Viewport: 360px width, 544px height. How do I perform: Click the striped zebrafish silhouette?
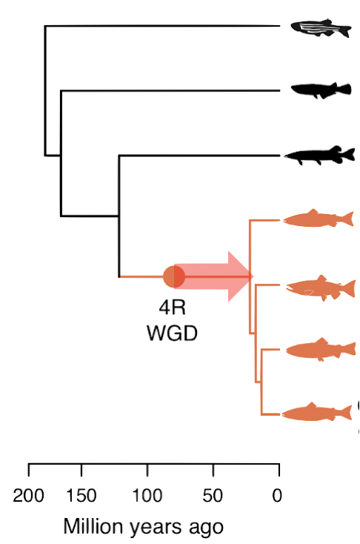(321, 27)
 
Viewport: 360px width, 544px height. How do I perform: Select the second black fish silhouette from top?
(321, 90)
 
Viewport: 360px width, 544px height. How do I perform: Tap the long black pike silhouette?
(319, 156)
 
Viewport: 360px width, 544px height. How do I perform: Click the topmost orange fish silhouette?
(319, 219)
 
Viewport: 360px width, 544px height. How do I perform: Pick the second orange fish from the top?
(321, 288)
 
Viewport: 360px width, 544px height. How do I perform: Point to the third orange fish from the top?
(321, 349)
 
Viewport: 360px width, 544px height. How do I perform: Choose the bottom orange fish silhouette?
(316, 412)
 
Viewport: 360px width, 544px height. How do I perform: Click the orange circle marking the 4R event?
(174, 276)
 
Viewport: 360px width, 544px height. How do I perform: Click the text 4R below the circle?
(173, 308)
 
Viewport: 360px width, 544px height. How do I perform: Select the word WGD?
(172, 333)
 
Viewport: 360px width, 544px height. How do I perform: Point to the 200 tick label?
(28, 495)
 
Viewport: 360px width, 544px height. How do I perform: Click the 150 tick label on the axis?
(81, 495)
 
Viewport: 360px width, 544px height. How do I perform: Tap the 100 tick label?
(147, 495)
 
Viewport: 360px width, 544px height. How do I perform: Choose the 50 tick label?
(213, 495)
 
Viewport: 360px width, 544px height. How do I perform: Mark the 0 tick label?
(277, 495)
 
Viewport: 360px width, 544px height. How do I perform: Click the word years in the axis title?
(156, 528)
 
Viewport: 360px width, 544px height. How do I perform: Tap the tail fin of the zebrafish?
(345, 30)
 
